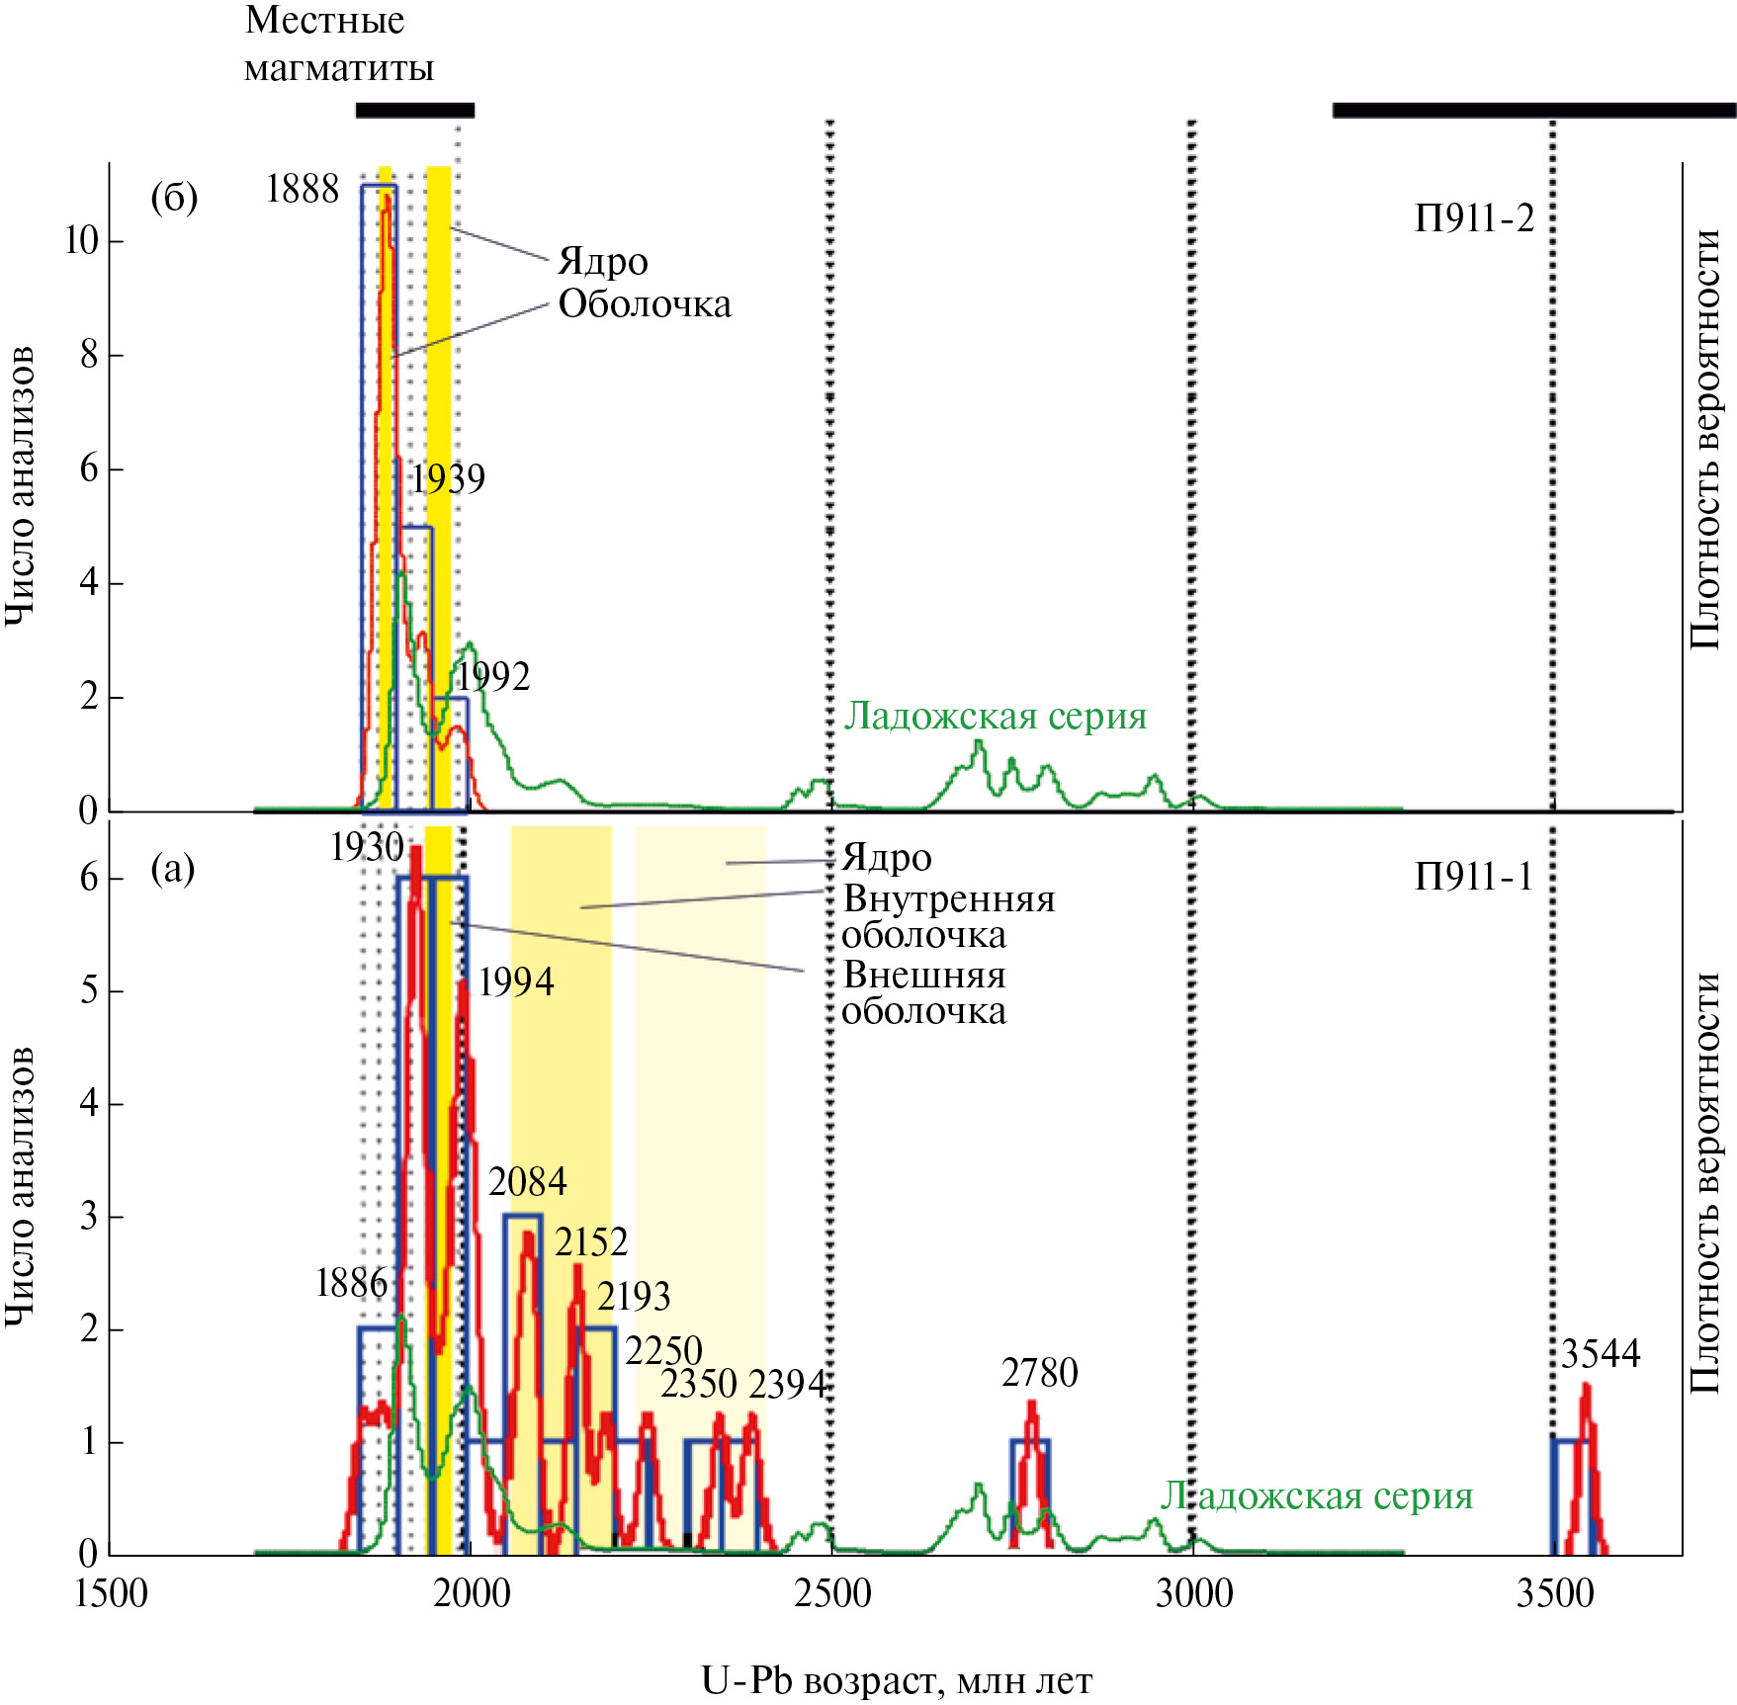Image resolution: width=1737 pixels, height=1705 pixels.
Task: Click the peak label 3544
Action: tap(1600, 1353)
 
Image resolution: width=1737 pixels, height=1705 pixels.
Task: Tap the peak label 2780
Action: tap(1039, 1372)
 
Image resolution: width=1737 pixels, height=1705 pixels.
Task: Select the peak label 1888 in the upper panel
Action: tap(302, 189)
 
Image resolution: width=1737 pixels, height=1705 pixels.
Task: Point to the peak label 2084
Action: tap(527, 1181)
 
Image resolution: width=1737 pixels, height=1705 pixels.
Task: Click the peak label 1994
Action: tap(515, 981)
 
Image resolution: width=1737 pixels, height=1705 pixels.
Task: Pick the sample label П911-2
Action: tap(1474, 217)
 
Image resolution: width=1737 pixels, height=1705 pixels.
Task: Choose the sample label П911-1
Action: tap(1473, 876)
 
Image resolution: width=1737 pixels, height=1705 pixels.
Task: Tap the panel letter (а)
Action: tap(172, 869)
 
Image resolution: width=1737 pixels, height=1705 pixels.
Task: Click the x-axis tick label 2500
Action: tap(832, 1594)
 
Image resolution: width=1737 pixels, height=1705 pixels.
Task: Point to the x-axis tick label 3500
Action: tap(1554, 1594)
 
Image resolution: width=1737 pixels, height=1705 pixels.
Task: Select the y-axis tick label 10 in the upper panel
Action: tap(81, 240)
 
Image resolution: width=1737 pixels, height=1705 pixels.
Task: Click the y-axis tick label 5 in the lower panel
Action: tap(89, 990)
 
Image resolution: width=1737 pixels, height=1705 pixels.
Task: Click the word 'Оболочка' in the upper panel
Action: tap(645, 304)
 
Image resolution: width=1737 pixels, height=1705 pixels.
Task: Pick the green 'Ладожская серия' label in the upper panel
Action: tap(995, 715)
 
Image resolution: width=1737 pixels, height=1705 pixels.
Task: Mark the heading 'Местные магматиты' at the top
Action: tap(338, 44)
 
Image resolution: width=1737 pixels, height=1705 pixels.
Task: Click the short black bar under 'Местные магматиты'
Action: tap(414, 110)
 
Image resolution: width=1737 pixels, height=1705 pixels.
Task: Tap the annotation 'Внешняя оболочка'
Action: tap(923, 993)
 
